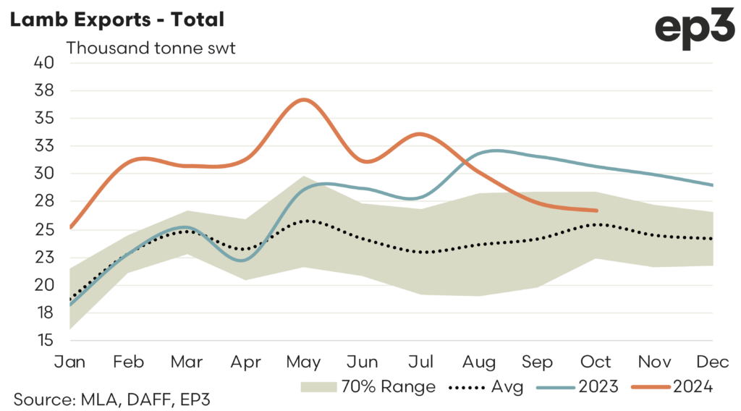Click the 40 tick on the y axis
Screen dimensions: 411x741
[45, 62]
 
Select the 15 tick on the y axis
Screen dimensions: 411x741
[45, 340]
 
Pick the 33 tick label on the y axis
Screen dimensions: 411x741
[45, 145]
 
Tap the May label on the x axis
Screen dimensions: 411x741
[304, 362]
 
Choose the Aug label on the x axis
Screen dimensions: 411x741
[480, 362]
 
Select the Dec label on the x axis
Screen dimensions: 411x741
[714, 362]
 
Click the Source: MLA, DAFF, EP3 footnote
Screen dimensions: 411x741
[111, 397]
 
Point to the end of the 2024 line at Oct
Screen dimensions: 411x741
[596, 211]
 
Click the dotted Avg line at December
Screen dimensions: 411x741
[713, 239]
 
